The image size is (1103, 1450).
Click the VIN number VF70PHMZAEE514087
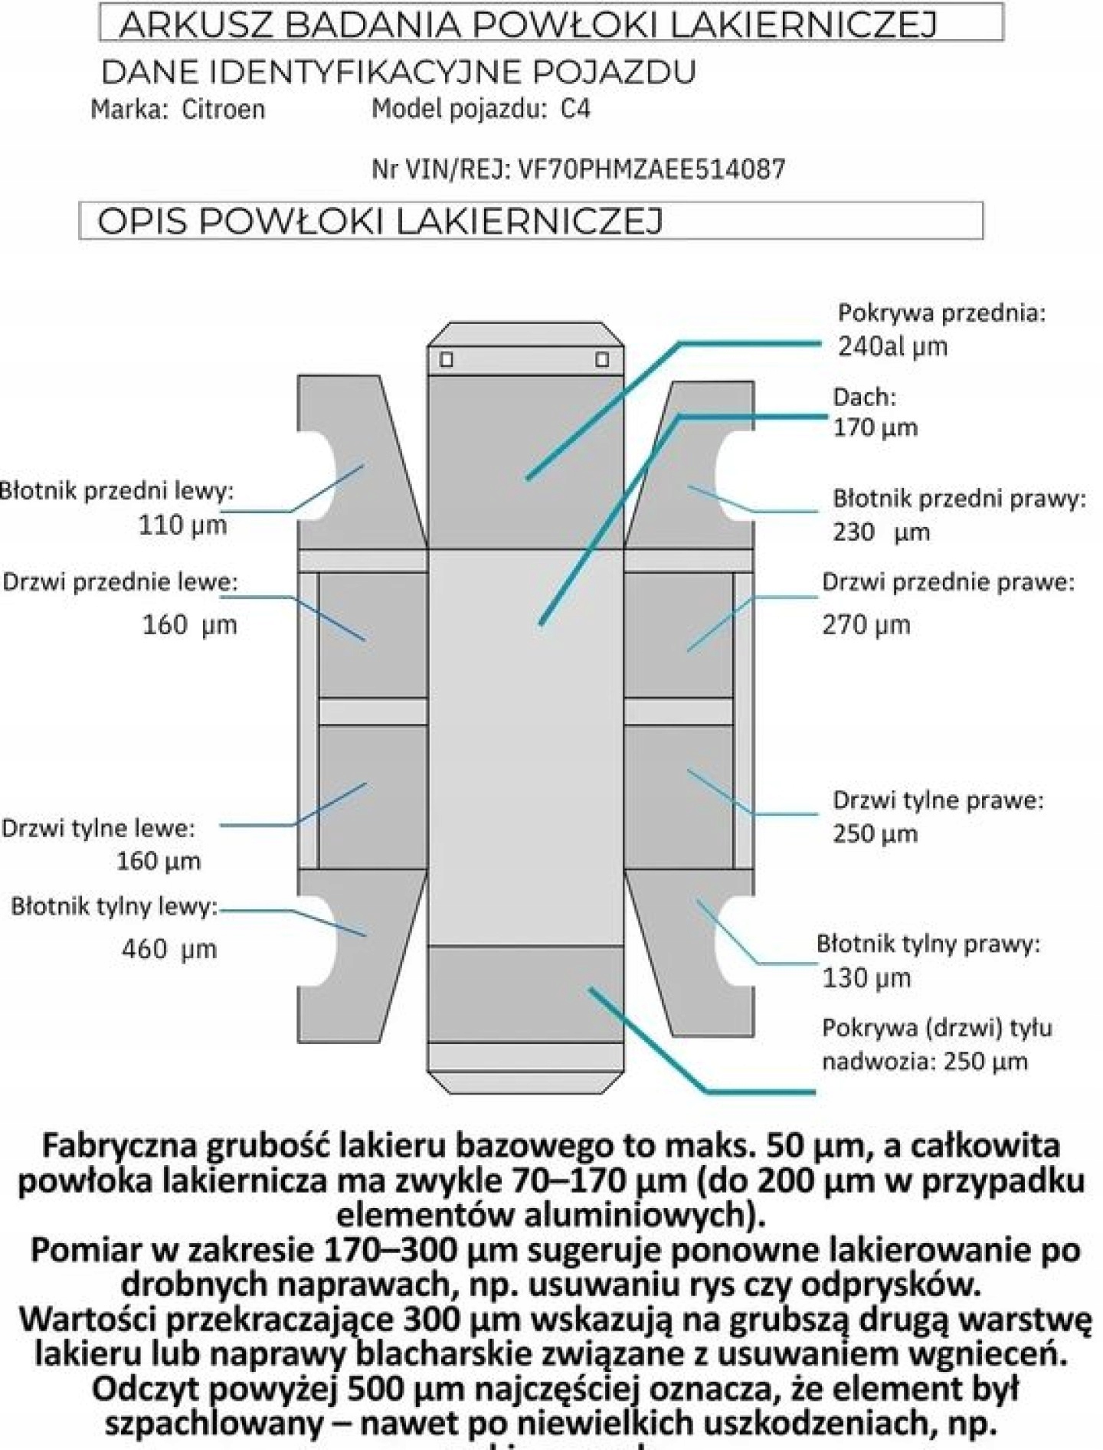(x=652, y=169)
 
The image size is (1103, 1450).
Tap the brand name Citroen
(x=223, y=110)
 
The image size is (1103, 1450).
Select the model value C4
(x=575, y=110)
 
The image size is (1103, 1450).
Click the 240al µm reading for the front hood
(x=892, y=346)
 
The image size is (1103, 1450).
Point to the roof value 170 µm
(x=875, y=427)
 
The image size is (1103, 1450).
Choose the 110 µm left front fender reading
(x=182, y=525)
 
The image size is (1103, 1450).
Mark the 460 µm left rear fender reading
(x=169, y=950)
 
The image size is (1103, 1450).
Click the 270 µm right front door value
(x=866, y=625)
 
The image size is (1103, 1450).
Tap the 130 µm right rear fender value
(x=866, y=978)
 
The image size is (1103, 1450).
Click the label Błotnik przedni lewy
(x=116, y=491)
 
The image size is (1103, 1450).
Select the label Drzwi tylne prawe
(x=938, y=801)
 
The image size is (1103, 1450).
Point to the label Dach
(x=864, y=397)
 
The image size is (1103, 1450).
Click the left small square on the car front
(x=447, y=359)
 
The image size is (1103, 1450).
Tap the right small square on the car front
(x=602, y=359)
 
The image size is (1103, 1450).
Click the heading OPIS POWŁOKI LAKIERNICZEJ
(x=380, y=221)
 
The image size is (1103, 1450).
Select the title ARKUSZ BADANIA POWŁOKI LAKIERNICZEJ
(x=528, y=25)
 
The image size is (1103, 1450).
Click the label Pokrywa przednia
(x=941, y=313)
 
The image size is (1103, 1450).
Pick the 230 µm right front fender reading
(x=881, y=532)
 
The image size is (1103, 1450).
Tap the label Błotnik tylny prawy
(x=928, y=944)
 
